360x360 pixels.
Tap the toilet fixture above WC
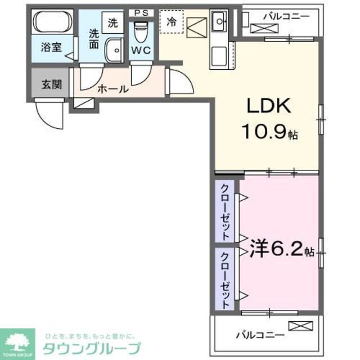point(141,28)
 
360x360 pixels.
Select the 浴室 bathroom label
point(50,48)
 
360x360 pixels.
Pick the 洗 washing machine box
point(114,23)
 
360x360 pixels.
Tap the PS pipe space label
point(140,12)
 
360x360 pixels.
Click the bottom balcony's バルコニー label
point(259,335)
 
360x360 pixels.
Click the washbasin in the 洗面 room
point(114,51)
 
